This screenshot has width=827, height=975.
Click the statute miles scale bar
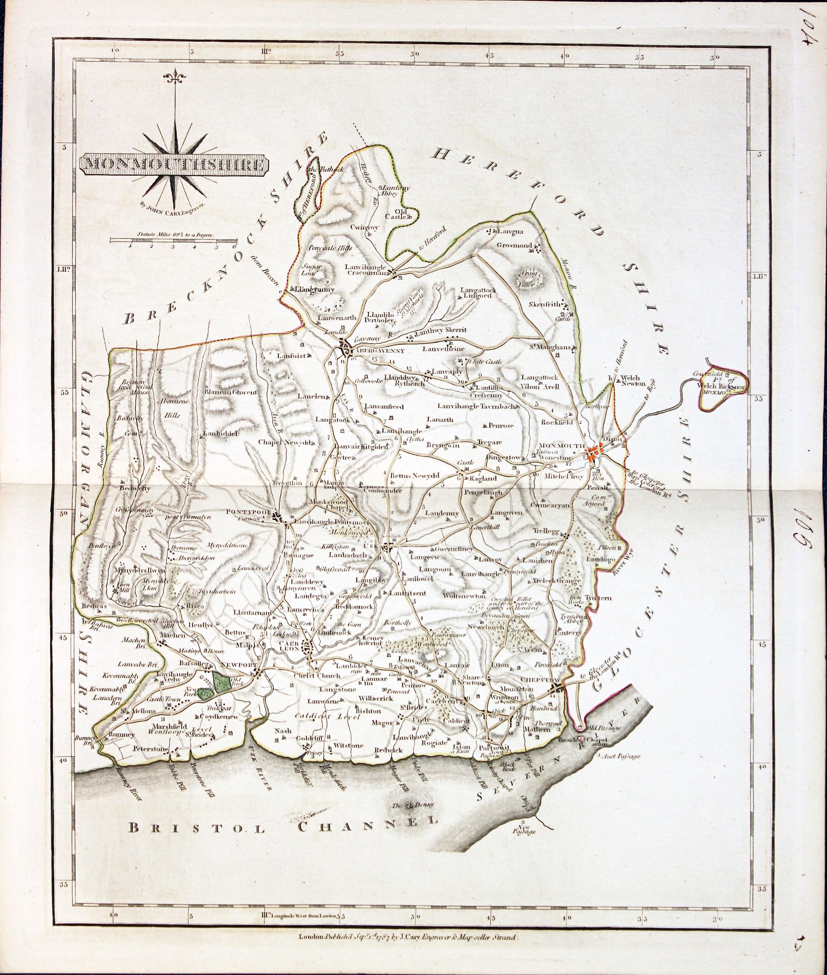coord(173,240)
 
